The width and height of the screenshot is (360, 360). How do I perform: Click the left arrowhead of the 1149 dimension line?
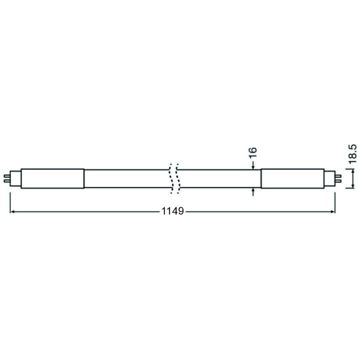[x=12, y=211]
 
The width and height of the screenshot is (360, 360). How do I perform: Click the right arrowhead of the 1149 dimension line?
[x=333, y=211]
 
